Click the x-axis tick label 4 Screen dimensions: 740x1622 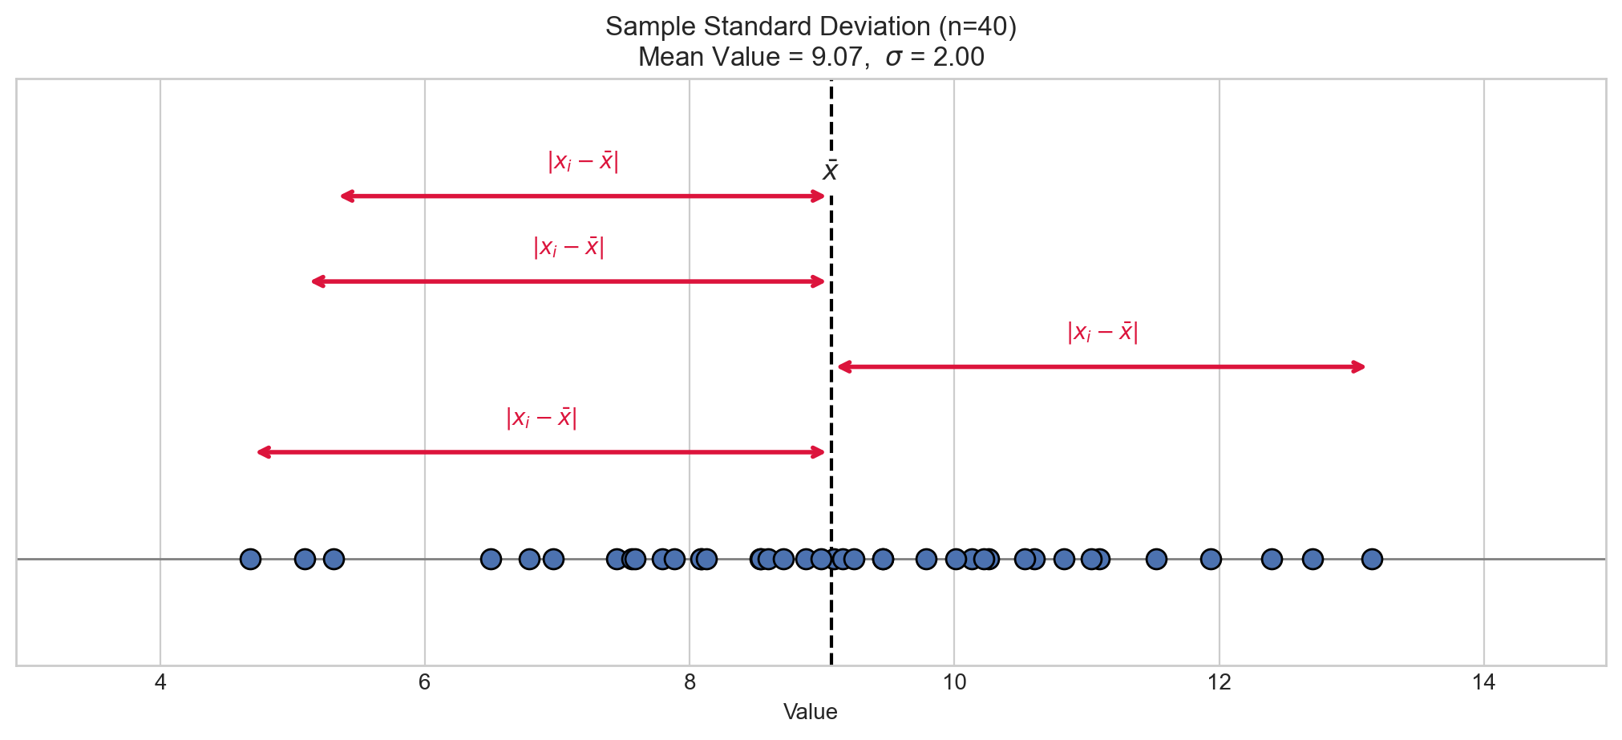(x=160, y=683)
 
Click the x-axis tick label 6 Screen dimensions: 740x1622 (x=425, y=683)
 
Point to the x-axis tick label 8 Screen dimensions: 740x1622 (x=690, y=683)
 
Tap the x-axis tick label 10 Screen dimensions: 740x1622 (x=954, y=683)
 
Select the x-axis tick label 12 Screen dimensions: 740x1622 (x=1220, y=683)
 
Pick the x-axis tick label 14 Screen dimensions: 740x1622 (x=1484, y=683)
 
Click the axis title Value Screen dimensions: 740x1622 (x=811, y=712)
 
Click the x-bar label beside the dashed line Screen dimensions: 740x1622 (x=831, y=171)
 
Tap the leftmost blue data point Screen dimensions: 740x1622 (x=250, y=559)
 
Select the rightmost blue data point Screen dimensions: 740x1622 (x=1372, y=559)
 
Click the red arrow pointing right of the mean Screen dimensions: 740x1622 (x=1101, y=367)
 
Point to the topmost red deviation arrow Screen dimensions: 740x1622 (x=583, y=196)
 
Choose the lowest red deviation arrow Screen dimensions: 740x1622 (x=541, y=453)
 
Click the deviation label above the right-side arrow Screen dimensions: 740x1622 (x=1102, y=332)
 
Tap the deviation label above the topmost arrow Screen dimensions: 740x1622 (x=583, y=161)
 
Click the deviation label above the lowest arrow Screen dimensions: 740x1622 (x=541, y=418)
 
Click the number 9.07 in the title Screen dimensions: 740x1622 (x=835, y=58)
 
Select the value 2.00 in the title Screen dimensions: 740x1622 (x=958, y=58)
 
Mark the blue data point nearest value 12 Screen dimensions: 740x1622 (x=1211, y=559)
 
